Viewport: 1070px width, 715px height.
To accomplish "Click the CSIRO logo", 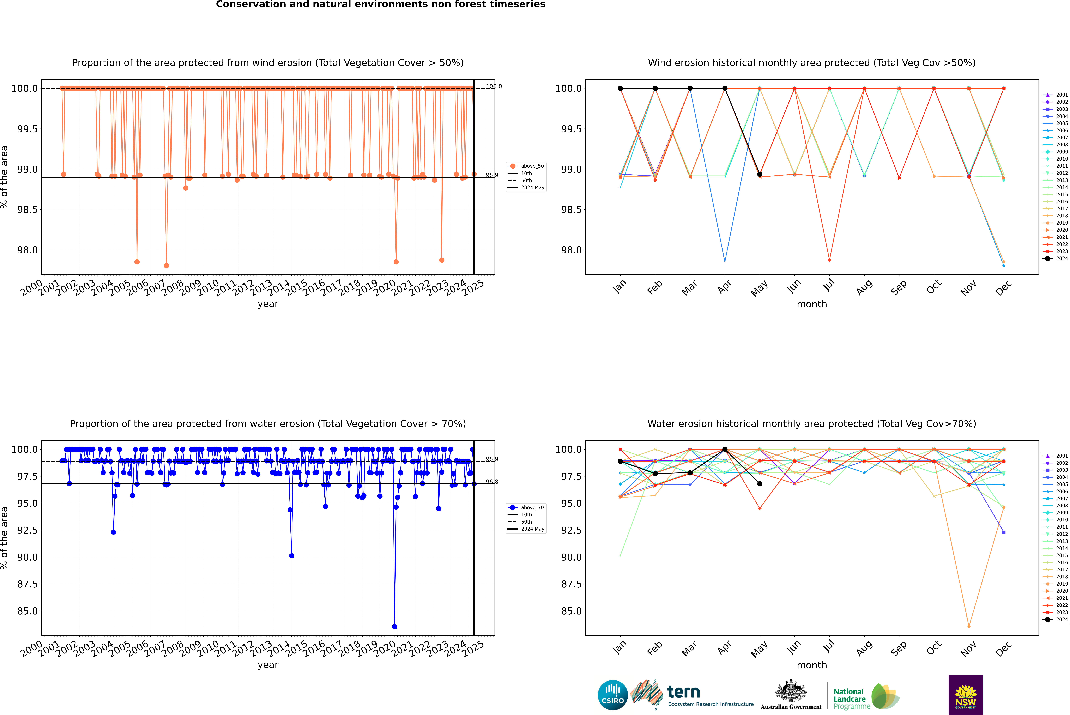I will click(x=613, y=695).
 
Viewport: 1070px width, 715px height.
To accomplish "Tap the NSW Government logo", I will click(x=966, y=695).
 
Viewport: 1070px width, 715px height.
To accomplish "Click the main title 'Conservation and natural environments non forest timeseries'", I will click(x=380, y=5).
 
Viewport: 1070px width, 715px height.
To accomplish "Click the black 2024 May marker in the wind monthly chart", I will click(x=759, y=174).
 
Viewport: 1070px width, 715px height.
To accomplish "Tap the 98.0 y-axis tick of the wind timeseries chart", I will click(x=27, y=250).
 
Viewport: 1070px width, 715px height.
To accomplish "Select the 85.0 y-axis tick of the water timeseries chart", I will click(x=27, y=611).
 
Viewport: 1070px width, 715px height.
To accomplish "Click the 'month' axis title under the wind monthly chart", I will click(x=811, y=304).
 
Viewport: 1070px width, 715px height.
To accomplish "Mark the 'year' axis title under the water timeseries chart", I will click(x=268, y=665).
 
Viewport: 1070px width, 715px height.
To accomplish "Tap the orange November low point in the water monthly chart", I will click(x=969, y=627).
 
